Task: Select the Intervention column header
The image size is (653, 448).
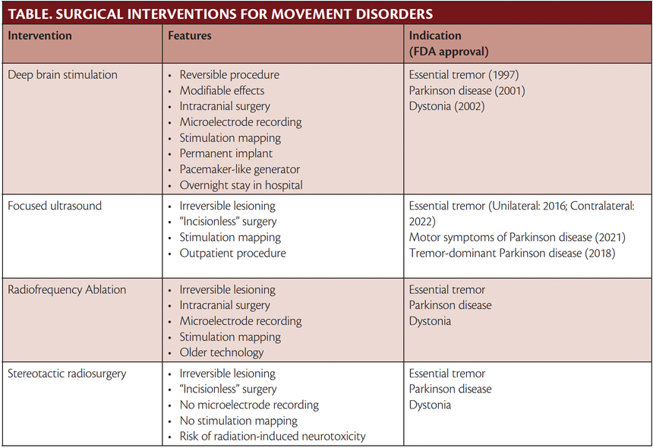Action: [40, 36]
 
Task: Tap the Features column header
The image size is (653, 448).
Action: [190, 36]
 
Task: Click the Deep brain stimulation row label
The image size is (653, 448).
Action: [62, 75]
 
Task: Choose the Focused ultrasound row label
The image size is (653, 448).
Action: [55, 206]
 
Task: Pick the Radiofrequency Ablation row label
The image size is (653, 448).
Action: [67, 290]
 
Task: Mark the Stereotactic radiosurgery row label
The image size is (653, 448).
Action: [67, 374]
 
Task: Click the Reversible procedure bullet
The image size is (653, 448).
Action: [229, 75]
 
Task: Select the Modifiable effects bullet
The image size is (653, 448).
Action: [222, 91]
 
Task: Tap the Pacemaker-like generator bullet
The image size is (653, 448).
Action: [240, 169]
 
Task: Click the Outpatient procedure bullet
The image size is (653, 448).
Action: [232, 253]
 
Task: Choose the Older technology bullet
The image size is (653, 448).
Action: [222, 352]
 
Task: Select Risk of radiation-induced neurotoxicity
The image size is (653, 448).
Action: [273, 437]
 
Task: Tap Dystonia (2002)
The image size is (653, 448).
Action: [446, 106]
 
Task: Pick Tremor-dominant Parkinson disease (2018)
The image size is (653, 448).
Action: [512, 253]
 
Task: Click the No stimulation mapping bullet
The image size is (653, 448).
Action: [238, 421]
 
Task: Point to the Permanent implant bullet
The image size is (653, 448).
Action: [226, 153]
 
